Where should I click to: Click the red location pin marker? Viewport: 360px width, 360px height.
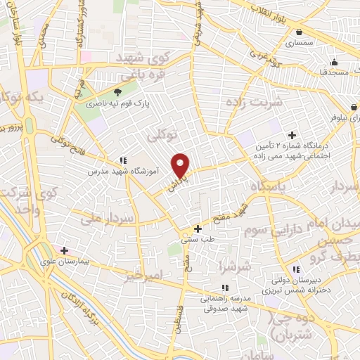[181, 165]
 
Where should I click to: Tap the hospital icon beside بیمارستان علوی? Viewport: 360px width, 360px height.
[64, 250]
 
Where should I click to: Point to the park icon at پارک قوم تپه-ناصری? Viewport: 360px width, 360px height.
[117, 92]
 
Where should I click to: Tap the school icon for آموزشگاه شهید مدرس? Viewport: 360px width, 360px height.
[123, 160]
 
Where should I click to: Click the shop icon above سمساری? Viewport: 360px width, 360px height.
[300, 32]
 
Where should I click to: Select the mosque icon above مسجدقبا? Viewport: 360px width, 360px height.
[334, 61]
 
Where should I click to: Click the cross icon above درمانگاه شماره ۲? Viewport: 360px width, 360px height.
[292, 135]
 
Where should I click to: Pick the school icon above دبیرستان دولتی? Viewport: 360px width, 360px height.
[296, 269]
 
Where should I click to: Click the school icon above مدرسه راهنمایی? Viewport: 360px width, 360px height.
[225, 288]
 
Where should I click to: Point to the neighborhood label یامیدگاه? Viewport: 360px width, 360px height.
[269, 186]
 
